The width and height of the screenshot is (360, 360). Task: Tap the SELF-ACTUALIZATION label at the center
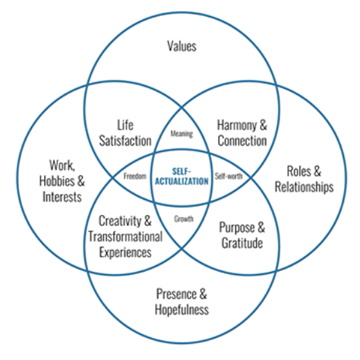tap(181, 175)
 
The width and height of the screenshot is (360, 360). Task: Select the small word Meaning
tap(181, 134)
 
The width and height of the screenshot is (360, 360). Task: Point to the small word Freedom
tap(135, 176)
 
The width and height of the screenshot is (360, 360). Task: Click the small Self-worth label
tap(228, 176)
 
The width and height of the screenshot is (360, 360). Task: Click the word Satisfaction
tap(125, 141)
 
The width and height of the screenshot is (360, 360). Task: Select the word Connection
tap(242, 141)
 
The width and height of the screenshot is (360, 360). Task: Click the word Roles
tap(298, 171)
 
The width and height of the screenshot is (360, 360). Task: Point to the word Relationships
tap(304, 187)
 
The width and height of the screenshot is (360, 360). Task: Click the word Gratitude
tap(241, 244)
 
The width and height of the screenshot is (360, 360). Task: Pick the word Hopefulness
tap(181, 310)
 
